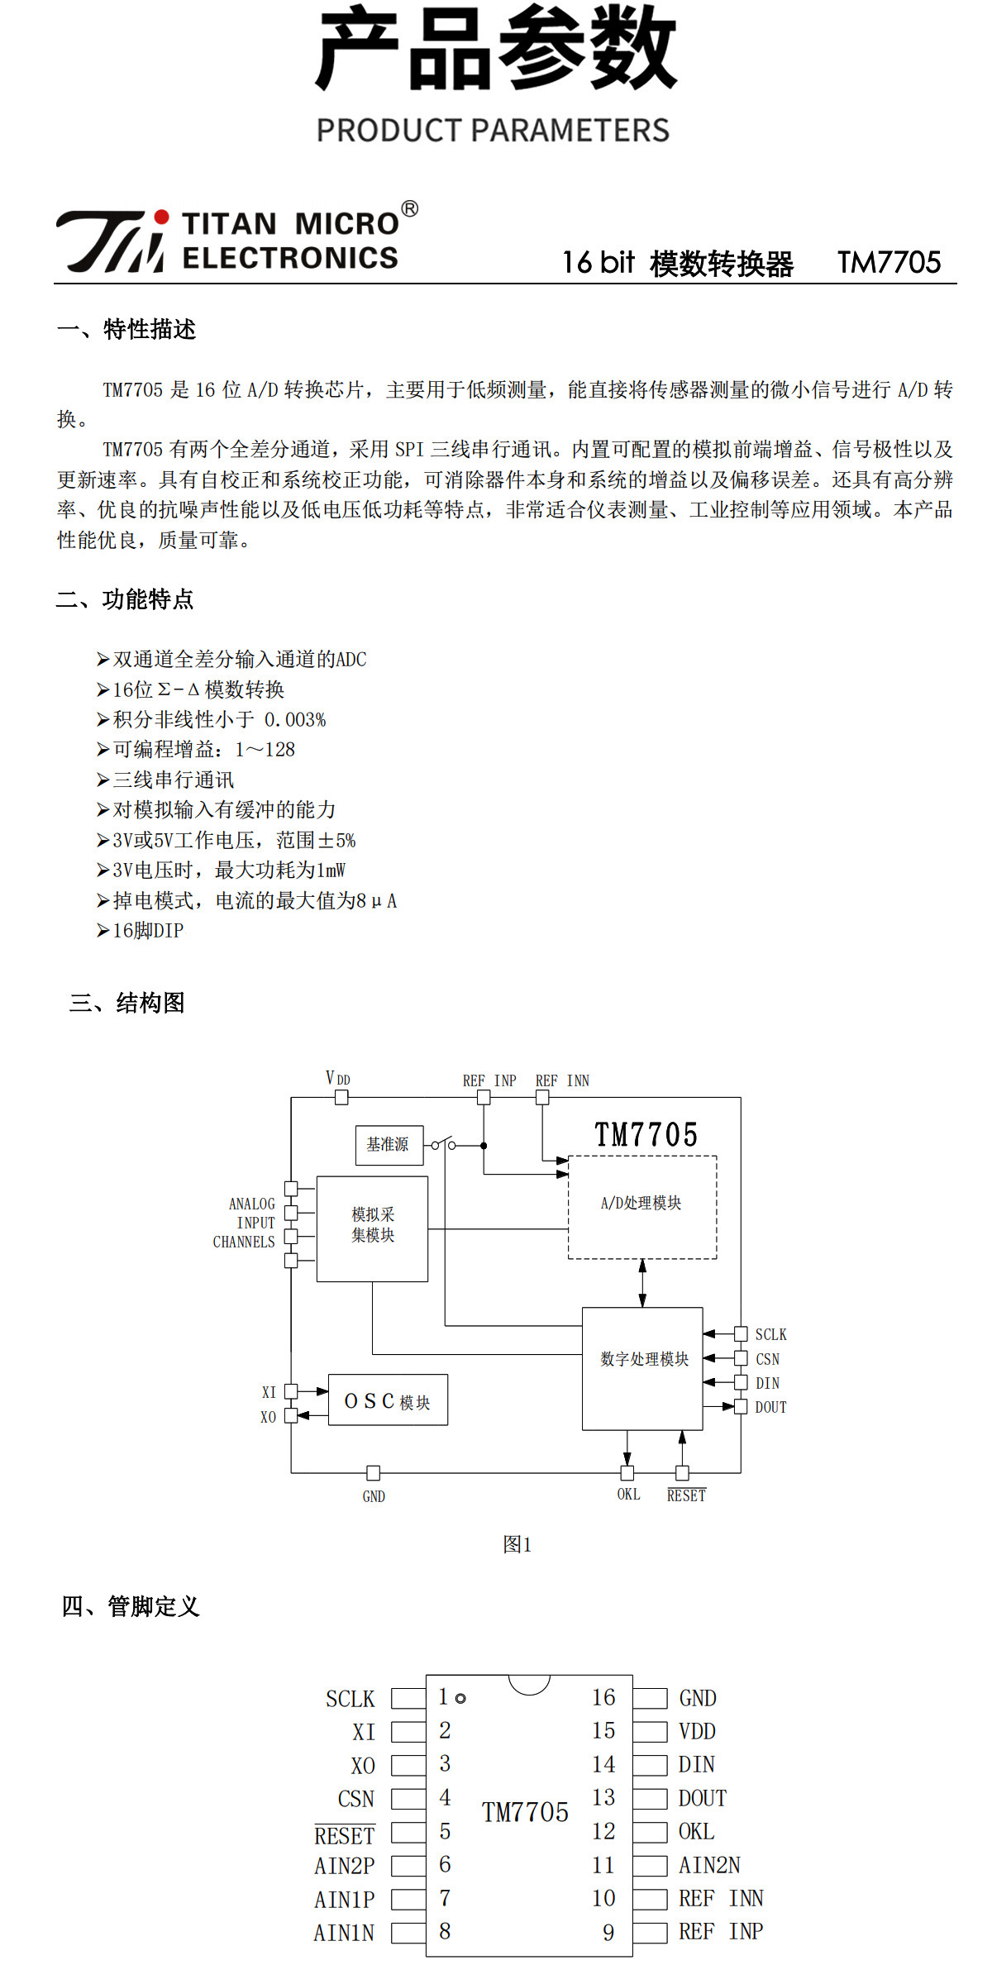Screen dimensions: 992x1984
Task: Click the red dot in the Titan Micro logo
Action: coord(162,217)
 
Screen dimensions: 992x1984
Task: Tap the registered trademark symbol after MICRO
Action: coord(409,209)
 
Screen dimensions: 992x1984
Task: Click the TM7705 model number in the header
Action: coord(889,263)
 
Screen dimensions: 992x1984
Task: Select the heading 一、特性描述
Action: coord(126,329)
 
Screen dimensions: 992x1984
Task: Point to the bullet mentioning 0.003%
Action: coord(211,719)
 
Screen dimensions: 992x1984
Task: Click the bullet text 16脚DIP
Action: coord(140,930)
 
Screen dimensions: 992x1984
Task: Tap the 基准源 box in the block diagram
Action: coord(389,1145)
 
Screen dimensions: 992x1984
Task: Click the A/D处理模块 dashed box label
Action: coord(641,1203)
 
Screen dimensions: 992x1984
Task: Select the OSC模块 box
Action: coord(389,1400)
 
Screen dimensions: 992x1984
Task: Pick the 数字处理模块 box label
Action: coord(645,1359)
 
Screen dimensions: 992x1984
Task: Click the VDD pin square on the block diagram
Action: coord(341,1098)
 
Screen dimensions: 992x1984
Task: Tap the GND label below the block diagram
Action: coord(374,1496)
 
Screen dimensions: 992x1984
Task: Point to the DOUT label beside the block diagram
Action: coord(770,1407)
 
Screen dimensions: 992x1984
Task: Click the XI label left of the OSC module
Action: coord(269,1392)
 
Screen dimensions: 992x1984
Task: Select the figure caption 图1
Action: coord(517,1544)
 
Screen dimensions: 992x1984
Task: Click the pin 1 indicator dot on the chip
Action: coord(460,1698)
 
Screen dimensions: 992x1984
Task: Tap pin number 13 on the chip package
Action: coord(603,1797)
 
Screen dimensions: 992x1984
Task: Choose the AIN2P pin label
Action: coord(344,1866)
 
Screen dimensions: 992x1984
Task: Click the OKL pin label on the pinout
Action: coord(696,1831)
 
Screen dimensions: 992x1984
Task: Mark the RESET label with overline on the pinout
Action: coord(345,1835)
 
